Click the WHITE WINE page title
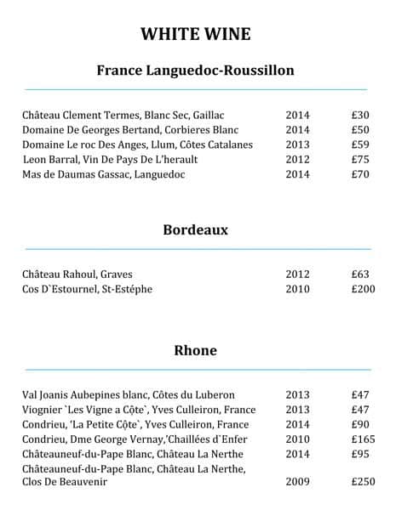(x=196, y=34)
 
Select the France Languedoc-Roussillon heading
(x=196, y=71)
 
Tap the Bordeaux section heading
(x=196, y=229)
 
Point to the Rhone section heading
(x=196, y=350)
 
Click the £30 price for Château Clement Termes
(x=360, y=115)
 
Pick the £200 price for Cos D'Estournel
(x=364, y=290)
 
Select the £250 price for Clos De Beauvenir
(x=364, y=482)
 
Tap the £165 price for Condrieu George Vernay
(x=364, y=439)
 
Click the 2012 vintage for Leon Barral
(x=298, y=159)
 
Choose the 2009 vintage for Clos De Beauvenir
(x=298, y=482)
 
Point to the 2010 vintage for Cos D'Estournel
(x=298, y=290)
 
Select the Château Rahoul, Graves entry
(x=77, y=275)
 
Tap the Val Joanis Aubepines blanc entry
(x=129, y=395)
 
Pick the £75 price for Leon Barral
(x=360, y=159)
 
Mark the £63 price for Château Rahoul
(x=360, y=275)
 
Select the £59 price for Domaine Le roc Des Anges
(x=360, y=144)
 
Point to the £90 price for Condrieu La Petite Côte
(x=360, y=424)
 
